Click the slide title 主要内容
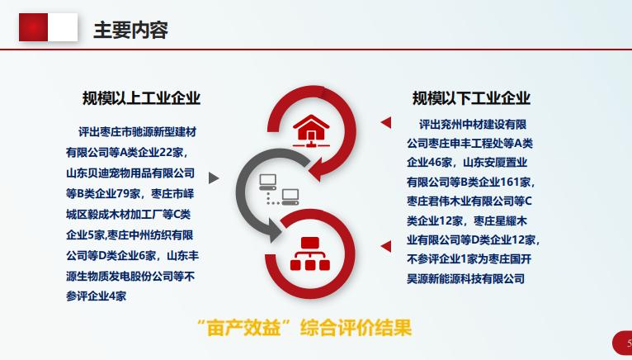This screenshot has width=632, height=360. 130,31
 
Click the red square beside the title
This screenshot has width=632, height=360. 34,27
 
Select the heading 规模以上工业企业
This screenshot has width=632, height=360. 141,98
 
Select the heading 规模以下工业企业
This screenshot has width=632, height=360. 471,98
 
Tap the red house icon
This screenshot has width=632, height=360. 311,130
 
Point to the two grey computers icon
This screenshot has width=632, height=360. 279,190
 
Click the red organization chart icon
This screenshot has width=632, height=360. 310,253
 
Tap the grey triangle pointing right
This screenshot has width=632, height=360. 214,178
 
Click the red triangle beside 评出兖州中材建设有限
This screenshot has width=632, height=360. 386,122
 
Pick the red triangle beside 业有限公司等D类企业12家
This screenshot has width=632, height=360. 386,246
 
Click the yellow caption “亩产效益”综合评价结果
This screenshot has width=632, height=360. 304,327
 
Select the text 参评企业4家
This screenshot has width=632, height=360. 97,296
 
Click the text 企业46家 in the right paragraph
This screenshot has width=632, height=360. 429,163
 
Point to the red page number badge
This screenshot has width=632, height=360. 622,343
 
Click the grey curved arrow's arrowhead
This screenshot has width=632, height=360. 276,231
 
